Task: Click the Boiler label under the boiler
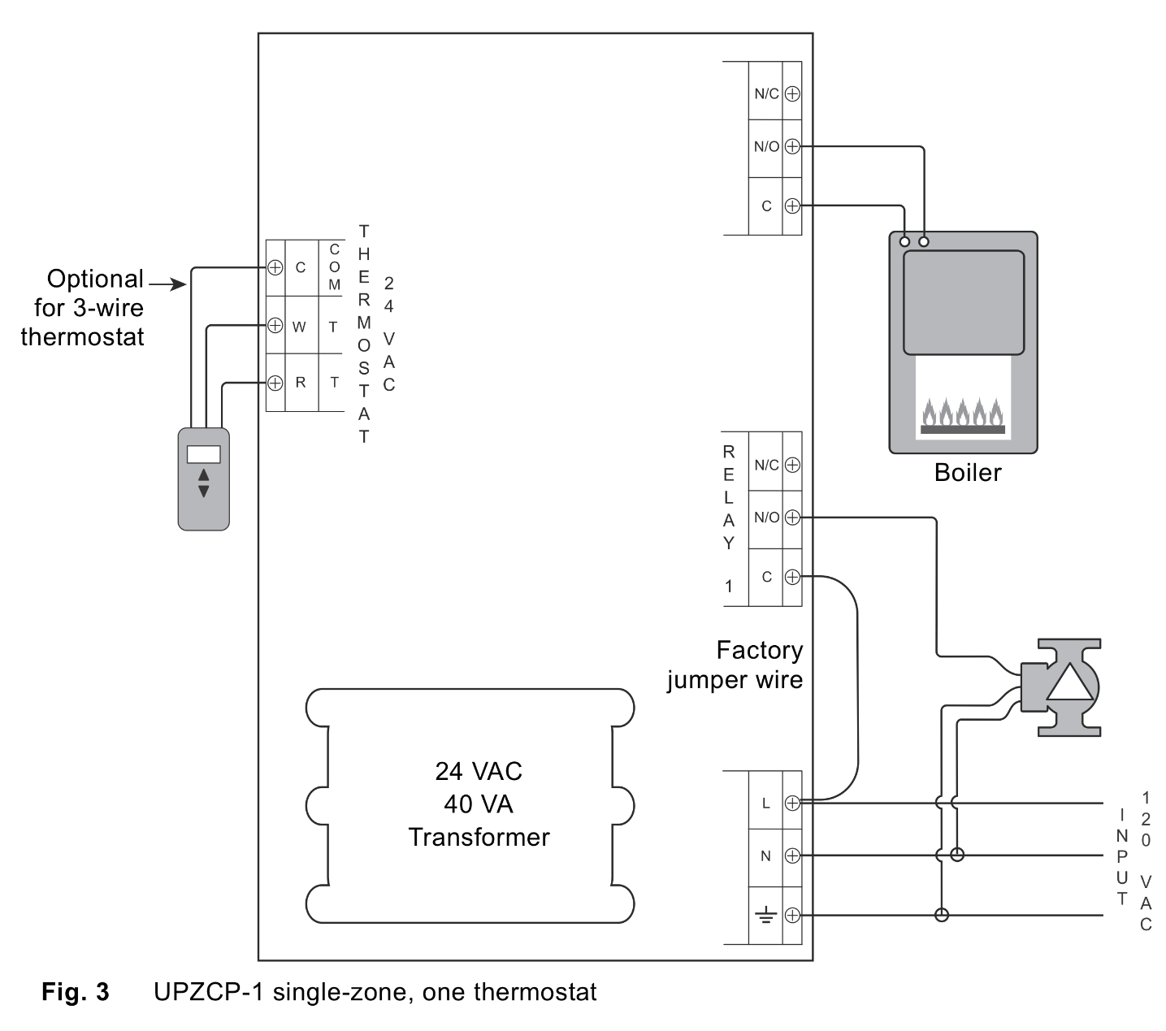tap(967, 473)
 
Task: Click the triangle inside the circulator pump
tap(1070, 682)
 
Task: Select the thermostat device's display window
tap(203, 454)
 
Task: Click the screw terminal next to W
tap(275, 325)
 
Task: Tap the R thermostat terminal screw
tap(275, 382)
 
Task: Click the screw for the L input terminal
tap(792, 803)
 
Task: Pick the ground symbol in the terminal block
tap(765, 916)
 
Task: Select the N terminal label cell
tap(765, 856)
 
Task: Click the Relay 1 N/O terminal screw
tap(792, 517)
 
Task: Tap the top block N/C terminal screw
tap(792, 93)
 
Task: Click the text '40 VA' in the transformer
tap(478, 804)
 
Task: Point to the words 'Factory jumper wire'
tap(735, 665)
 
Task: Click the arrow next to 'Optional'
tap(167, 284)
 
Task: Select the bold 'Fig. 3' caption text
tap(76, 992)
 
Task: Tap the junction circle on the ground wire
tap(941, 916)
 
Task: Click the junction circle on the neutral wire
tap(957, 855)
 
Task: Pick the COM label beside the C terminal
tap(334, 267)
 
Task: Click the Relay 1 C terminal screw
tap(792, 577)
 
